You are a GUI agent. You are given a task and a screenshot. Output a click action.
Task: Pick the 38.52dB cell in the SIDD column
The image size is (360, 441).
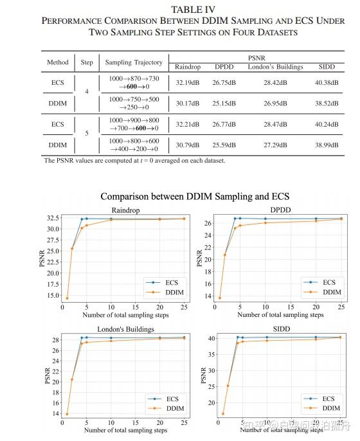click(x=332, y=102)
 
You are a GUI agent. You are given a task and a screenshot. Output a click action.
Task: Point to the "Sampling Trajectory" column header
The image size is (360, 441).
click(x=134, y=62)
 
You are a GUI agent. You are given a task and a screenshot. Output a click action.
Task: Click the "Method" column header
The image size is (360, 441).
click(x=57, y=62)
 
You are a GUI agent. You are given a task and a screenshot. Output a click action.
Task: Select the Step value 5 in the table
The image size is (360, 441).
click(x=87, y=134)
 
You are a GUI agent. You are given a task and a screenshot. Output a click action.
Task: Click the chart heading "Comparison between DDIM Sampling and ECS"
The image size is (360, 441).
click(x=194, y=196)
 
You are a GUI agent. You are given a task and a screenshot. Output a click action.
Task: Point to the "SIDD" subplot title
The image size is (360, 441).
click(x=281, y=328)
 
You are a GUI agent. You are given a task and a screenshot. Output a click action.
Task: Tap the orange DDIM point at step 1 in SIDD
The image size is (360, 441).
click(x=223, y=413)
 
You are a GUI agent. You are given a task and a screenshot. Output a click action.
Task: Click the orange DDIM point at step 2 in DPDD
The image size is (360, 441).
click(x=224, y=255)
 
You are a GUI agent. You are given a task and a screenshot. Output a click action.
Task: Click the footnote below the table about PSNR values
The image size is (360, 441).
click(x=134, y=161)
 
